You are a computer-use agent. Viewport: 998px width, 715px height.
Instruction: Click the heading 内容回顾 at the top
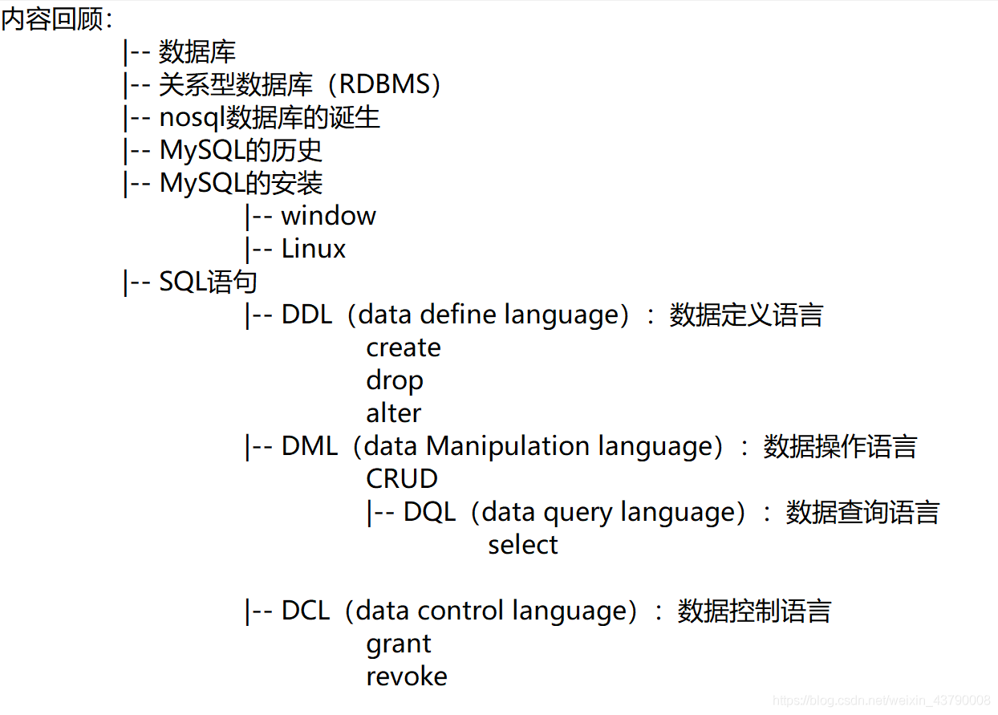[x=52, y=19]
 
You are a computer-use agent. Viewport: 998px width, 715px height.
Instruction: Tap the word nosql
[x=192, y=118]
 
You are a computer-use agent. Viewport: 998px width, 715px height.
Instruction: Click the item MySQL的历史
[x=241, y=150]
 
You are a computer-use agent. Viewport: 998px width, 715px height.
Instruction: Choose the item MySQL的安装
[x=241, y=183]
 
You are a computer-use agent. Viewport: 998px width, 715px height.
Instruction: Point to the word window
[x=328, y=216]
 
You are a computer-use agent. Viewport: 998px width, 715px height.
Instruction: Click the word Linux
[x=313, y=249]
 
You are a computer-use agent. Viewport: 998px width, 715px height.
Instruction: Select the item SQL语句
[x=208, y=282]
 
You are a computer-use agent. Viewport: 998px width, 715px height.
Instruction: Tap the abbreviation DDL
[x=307, y=315]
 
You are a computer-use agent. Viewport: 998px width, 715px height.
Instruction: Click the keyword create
[x=404, y=347]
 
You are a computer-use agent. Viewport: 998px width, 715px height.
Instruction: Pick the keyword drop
[x=394, y=381]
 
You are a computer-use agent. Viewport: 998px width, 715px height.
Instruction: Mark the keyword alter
[x=393, y=412]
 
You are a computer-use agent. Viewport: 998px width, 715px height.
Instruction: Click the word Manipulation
[x=508, y=446]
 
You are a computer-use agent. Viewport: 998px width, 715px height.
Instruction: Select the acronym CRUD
[x=402, y=479]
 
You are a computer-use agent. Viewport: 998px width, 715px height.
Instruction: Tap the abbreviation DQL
[x=429, y=512]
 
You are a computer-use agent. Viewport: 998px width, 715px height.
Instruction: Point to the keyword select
[x=522, y=545]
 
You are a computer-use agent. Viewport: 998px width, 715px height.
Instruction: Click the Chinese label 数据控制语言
[x=754, y=611]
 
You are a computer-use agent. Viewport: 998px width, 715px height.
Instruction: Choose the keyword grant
[x=398, y=644]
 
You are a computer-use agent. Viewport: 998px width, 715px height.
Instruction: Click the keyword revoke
[x=406, y=676]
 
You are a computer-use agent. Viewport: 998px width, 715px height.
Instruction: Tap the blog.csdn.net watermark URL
[x=881, y=701]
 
